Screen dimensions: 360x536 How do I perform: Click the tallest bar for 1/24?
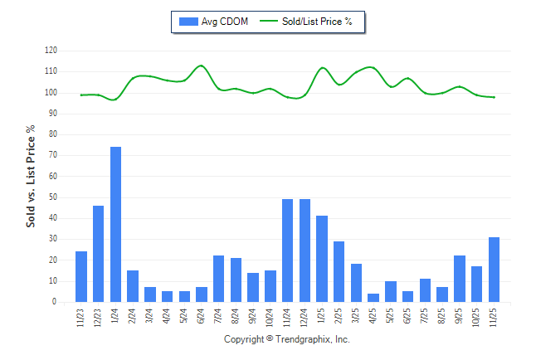tap(115, 224)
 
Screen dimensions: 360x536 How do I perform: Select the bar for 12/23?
tap(98, 253)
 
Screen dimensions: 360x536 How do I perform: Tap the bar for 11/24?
tap(288, 251)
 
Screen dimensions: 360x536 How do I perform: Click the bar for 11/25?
tap(495, 270)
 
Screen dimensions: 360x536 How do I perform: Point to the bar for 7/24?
tap(219, 279)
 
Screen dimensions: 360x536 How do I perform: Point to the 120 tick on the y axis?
tap(51, 51)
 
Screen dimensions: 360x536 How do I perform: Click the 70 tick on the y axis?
tap(53, 155)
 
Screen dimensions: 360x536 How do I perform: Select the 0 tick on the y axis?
tap(55, 302)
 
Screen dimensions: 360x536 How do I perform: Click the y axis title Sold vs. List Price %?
tap(31, 177)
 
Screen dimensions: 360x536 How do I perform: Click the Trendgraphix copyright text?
tap(287, 340)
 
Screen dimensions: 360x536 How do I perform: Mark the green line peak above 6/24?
tap(201, 66)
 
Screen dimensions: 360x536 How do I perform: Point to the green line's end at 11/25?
tap(495, 97)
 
